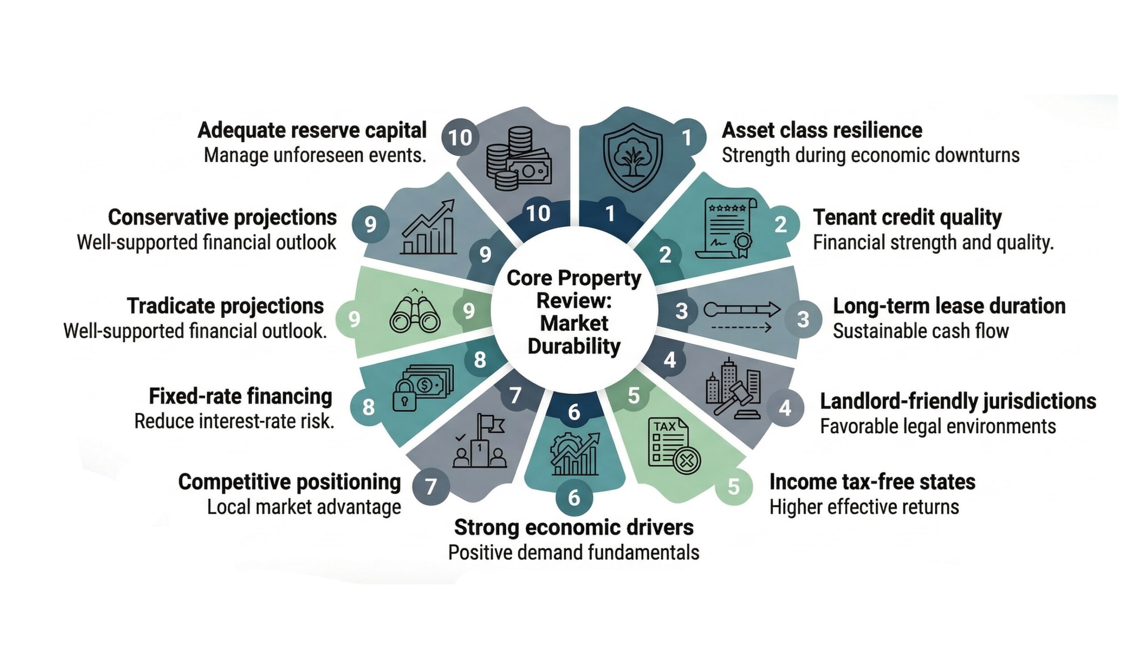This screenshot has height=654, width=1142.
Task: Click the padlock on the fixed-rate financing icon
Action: (404, 396)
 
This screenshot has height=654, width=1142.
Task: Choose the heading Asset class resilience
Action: (822, 130)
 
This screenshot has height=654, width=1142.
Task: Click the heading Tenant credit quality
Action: (907, 218)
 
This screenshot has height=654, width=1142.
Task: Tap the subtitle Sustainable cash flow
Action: (920, 331)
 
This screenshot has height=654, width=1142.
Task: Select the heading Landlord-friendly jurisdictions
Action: (958, 401)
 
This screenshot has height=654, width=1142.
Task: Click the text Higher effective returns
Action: (864, 507)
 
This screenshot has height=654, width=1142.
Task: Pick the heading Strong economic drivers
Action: (574, 527)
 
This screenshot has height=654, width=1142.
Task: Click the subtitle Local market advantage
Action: (304, 507)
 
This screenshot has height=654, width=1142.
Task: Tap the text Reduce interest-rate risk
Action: (234, 422)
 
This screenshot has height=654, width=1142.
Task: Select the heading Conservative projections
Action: (222, 218)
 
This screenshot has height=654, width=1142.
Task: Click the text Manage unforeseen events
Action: (314, 156)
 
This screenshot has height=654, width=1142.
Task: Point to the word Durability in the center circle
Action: (574, 346)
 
